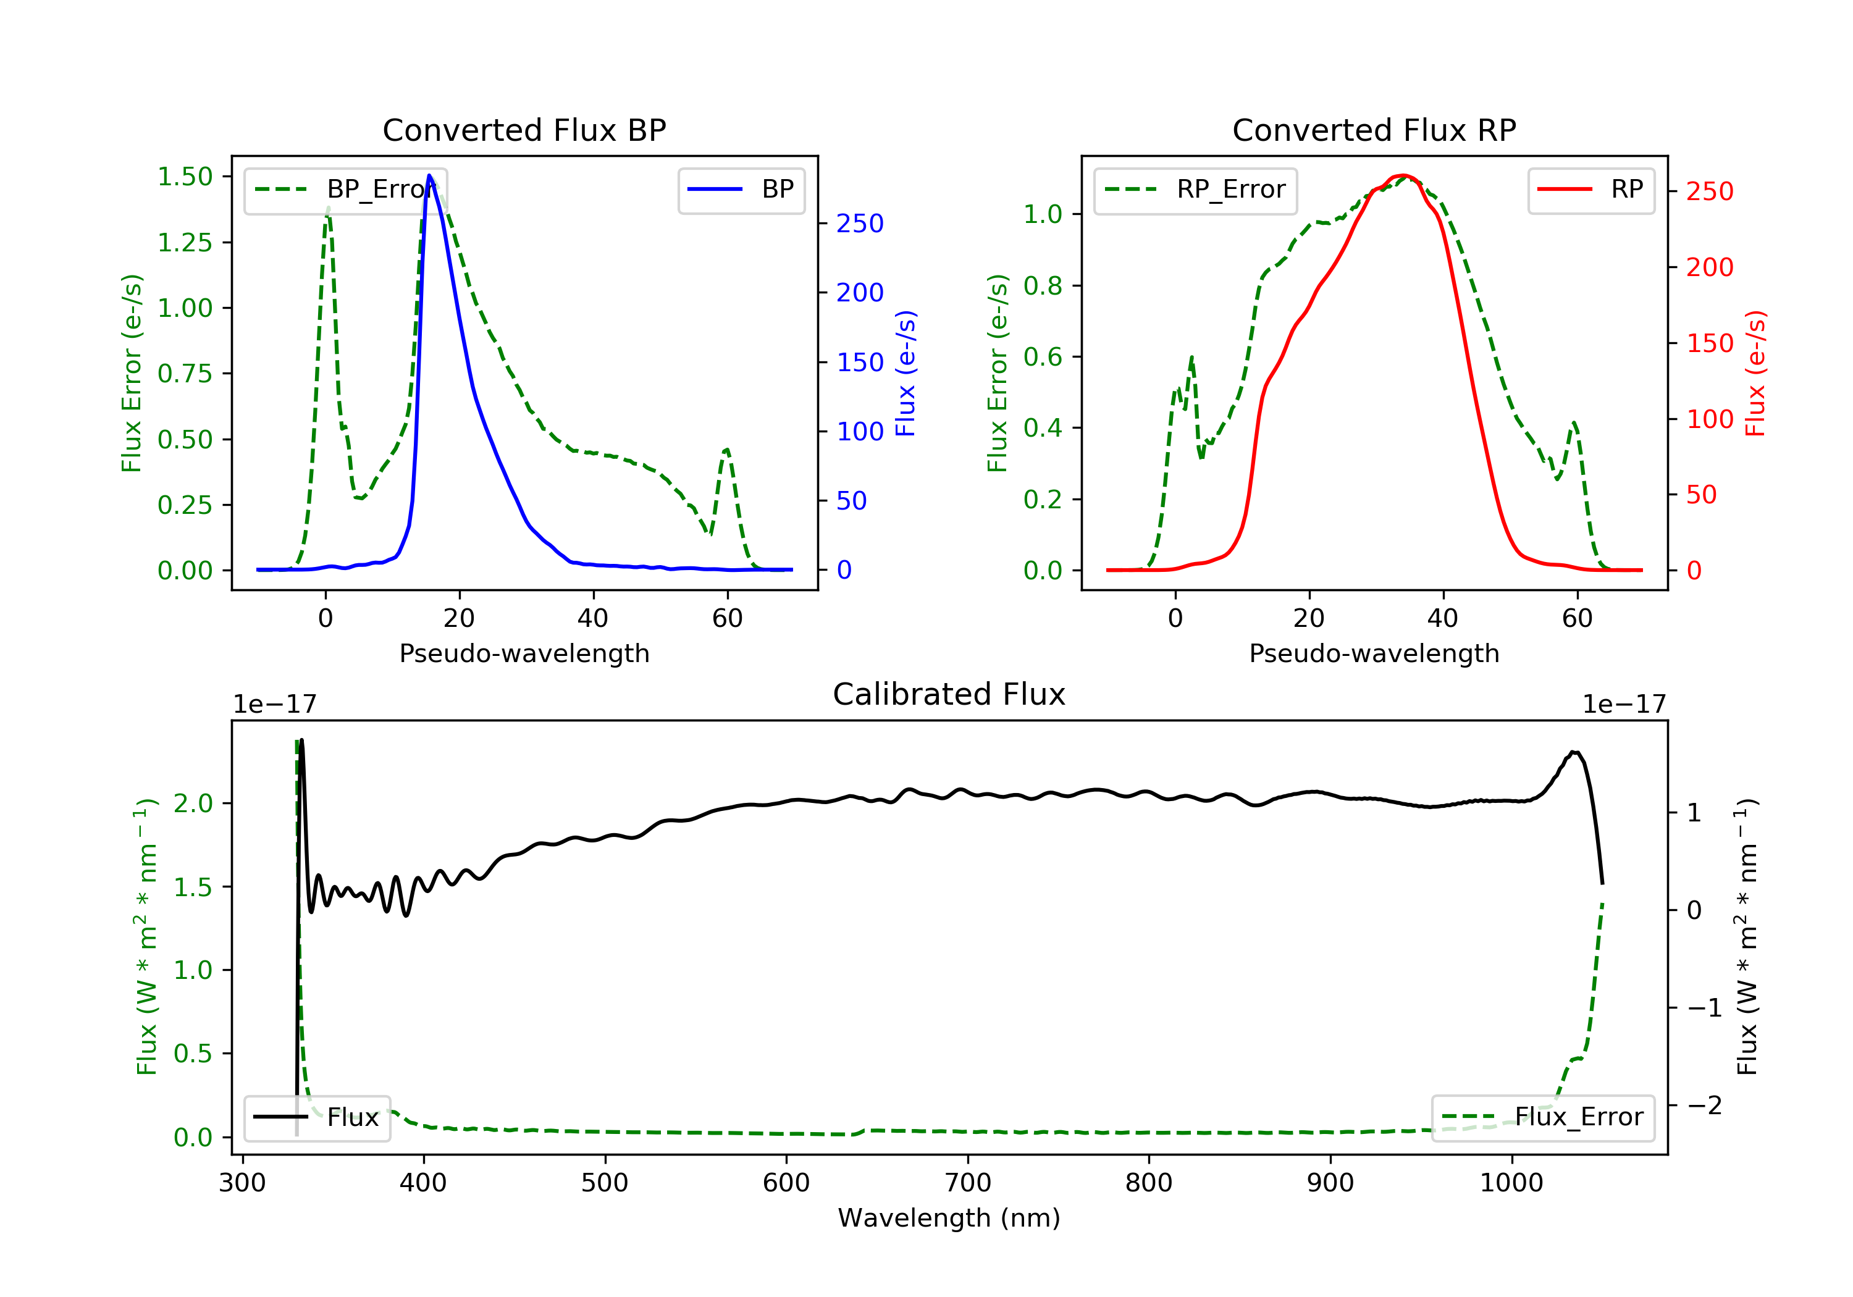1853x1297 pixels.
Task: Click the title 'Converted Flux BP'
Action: click(x=524, y=130)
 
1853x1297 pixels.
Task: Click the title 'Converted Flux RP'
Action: click(x=1374, y=130)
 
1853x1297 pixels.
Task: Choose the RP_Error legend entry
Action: click(x=1195, y=190)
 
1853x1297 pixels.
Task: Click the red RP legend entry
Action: click(x=1590, y=190)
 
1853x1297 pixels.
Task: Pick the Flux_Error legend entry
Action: click(x=1542, y=1117)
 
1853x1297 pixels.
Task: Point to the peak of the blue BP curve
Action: click(x=429, y=175)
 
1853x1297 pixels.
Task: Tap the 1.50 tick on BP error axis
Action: click(x=185, y=177)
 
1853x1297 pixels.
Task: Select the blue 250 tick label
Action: click(x=860, y=224)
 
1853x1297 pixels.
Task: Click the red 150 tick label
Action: click(x=1709, y=343)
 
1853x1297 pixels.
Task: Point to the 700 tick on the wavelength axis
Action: click(x=968, y=1183)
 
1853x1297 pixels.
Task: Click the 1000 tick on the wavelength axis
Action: click(x=1511, y=1183)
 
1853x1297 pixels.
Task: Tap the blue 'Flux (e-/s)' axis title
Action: click(x=905, y=373)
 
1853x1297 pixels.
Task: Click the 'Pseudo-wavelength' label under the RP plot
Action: click(x=1374, y=653)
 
